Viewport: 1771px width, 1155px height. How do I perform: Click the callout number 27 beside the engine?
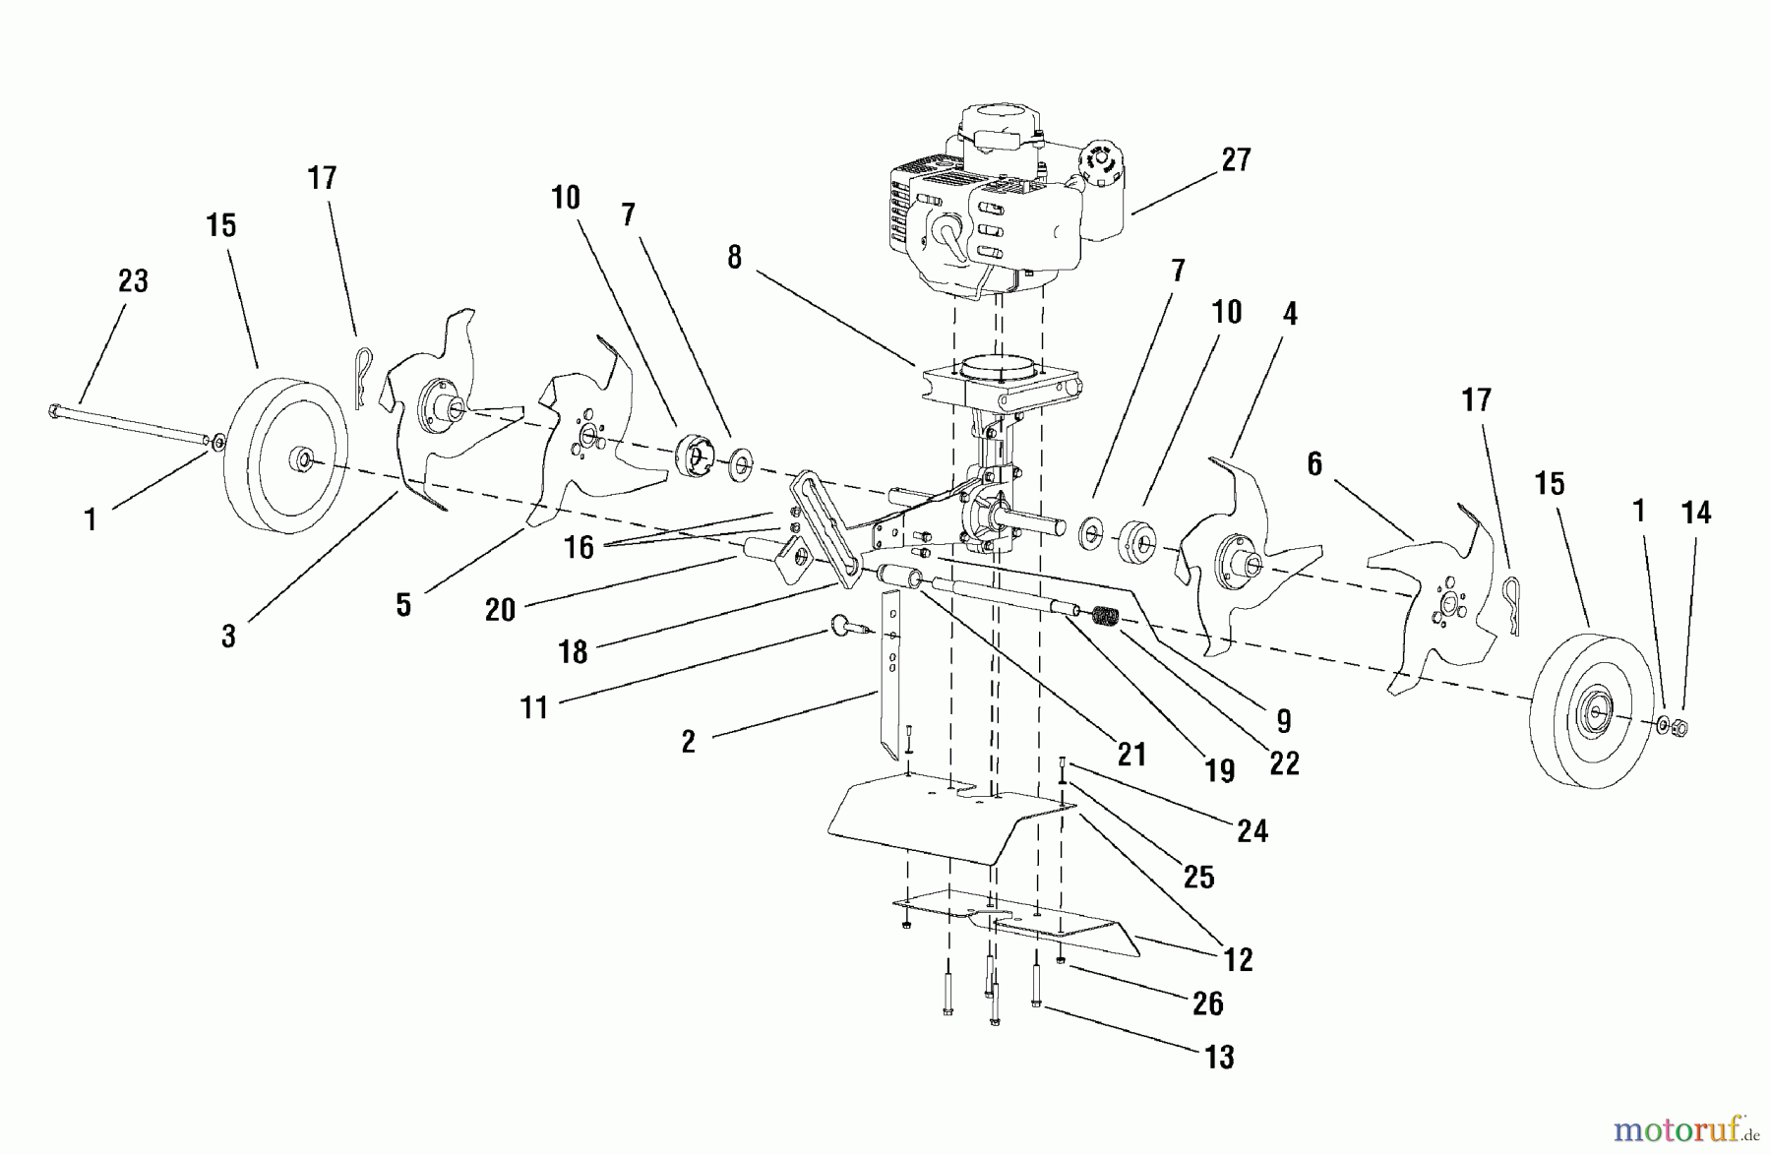(x=1236, y=160)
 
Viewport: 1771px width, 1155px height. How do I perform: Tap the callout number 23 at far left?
(x=133, y=281)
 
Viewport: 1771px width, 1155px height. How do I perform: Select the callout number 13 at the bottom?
(x=1219, y=1057)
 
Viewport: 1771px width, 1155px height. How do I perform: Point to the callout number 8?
(x=734, y=258)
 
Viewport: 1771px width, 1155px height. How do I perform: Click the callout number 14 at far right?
(x=1696, y=513)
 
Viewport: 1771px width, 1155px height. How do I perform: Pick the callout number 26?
(x=1207, y=1003)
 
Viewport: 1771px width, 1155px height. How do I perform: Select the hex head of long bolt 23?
(x=55, y=410)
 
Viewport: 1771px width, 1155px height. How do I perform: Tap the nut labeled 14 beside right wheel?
(x=1680, y=729)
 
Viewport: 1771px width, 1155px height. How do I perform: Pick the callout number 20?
(x=500, y=610)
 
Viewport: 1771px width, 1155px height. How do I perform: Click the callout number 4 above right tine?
(x=1290, y=314)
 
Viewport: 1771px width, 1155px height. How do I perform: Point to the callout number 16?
(x=579, y=548)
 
